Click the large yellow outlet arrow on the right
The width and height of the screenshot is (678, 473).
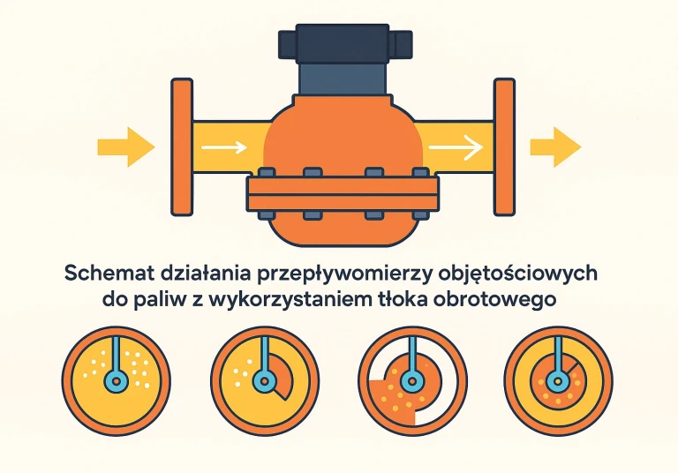click(x=554, y=146)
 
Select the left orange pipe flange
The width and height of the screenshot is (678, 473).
click(x=182, y=146)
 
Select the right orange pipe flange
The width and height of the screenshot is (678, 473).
click(x=504, y=146)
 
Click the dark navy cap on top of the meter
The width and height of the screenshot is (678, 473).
click(x=343, y=43)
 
